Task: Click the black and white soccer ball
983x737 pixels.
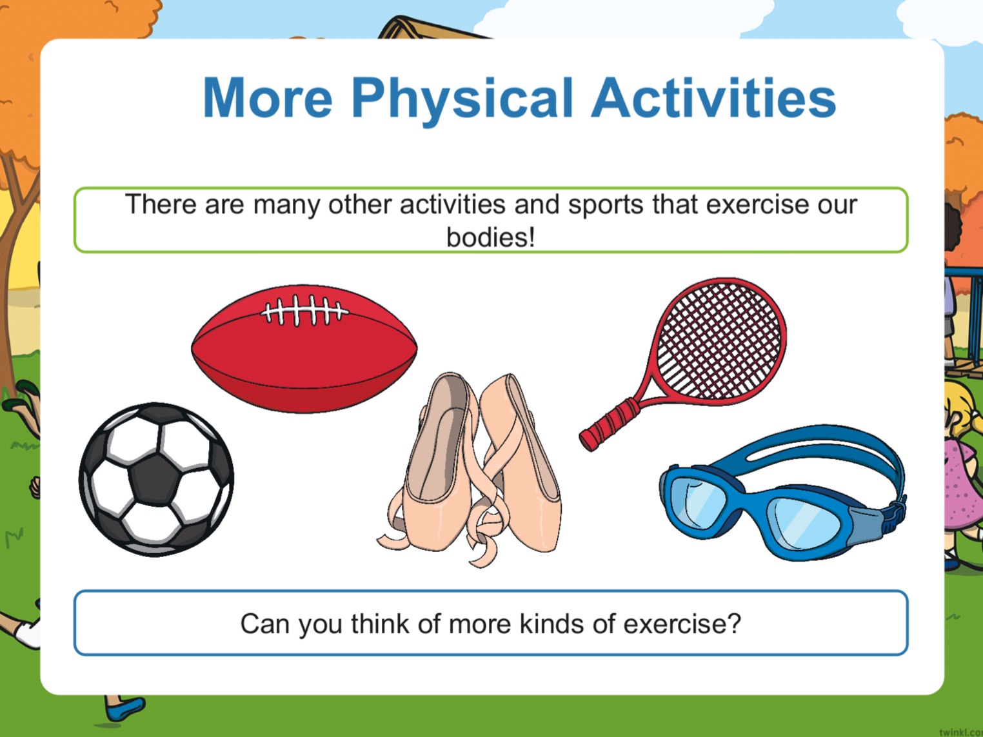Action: (156, 480)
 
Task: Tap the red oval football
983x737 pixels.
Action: (304, 349)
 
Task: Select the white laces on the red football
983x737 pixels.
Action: (304, 310)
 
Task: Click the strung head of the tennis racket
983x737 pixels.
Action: (719, 340)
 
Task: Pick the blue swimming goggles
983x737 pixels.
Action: (783, 492)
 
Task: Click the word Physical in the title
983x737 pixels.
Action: (462, 101)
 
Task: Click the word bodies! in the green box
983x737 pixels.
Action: (491, 237)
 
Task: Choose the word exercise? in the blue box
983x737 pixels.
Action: (682, 624)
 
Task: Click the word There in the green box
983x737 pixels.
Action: (161, 204)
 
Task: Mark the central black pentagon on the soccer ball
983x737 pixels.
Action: (155, 479)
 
